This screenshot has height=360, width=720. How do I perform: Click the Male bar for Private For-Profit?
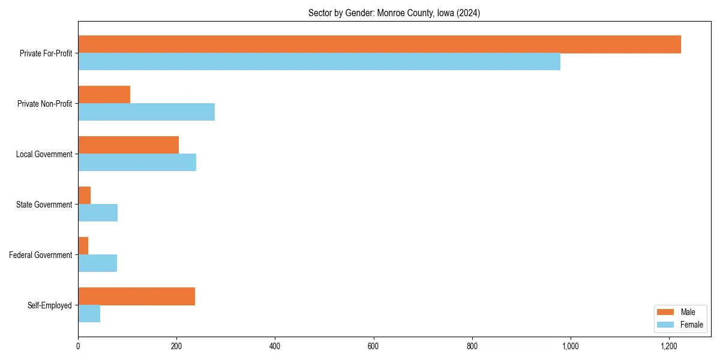379,44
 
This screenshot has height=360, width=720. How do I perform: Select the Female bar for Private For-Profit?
319,62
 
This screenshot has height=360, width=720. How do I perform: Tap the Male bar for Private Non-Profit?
104,95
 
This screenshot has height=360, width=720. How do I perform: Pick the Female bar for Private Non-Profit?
146,112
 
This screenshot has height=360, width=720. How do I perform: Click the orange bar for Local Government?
128,145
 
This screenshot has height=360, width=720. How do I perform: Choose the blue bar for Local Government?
137,163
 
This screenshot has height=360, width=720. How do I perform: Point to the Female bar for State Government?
98,213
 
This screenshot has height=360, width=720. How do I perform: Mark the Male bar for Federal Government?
83,246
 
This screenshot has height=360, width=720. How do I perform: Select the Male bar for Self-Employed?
136,296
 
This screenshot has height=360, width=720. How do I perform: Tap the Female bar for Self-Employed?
89,314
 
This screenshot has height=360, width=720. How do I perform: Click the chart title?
394,13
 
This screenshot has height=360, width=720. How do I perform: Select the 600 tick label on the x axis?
373,346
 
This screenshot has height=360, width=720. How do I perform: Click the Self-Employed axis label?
50,305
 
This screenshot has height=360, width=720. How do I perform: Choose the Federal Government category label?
41,255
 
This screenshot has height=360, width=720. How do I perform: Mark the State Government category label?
44,205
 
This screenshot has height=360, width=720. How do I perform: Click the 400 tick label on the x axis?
275,346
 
